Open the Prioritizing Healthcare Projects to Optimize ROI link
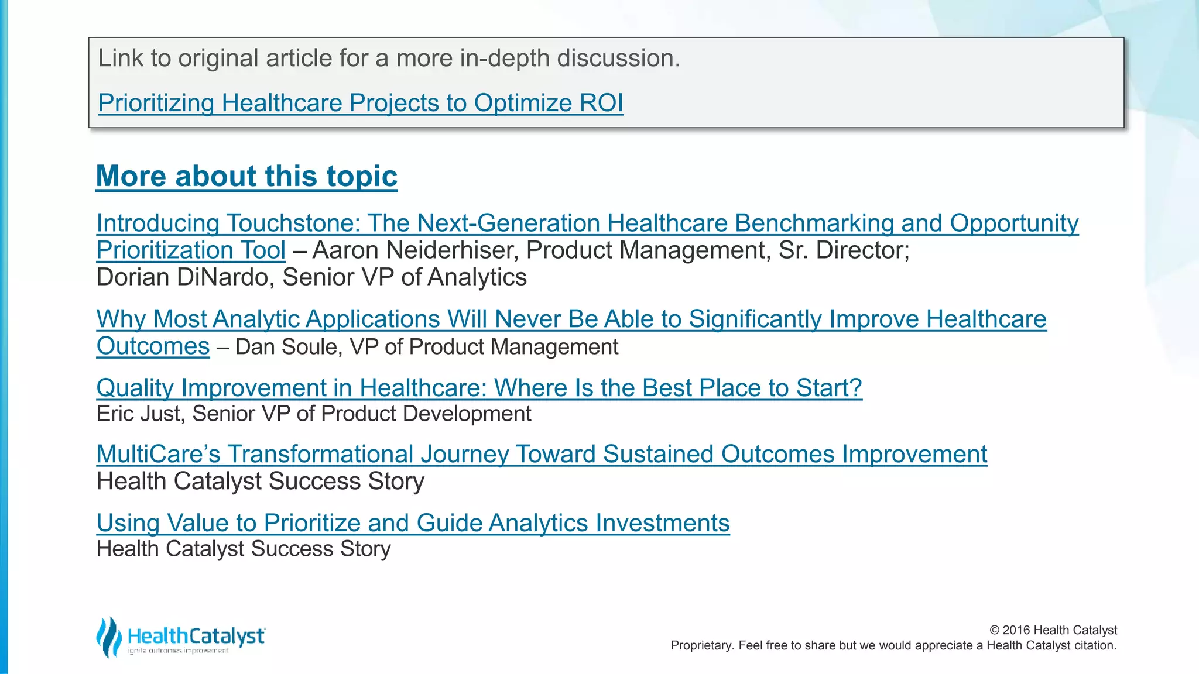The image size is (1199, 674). [x=360, y=103]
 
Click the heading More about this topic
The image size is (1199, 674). [x=246, y=176]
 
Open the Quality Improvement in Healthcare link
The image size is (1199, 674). [x=479, y=388]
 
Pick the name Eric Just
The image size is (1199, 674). [x=141, y=414]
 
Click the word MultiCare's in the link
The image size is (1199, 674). [x=158, y=454]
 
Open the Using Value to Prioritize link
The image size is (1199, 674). [x=413, y=523]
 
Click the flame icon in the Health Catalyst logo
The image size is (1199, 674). [x=108, y=637]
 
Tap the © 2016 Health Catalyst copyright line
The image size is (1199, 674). [x=1053, y=630]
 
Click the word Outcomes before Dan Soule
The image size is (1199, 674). [x=153, y=346]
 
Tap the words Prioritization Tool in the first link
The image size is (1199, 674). [x=191, y=250]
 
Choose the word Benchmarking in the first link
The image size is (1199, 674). [x=814, y=223]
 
